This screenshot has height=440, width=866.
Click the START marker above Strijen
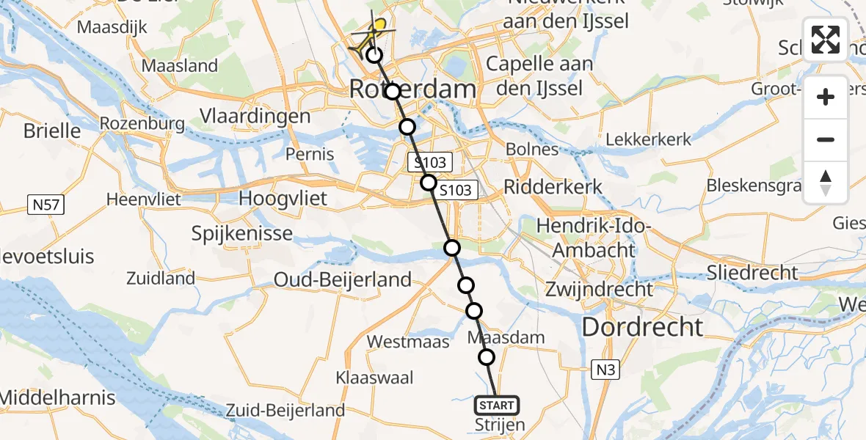(497, 405)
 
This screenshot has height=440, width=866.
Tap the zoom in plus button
(826, 98)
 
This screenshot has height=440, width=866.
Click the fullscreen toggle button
(826, 40)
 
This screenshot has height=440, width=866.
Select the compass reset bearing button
(826, 183)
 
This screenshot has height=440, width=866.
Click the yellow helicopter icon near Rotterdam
(371, 37)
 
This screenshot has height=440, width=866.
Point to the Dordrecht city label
(642, 326)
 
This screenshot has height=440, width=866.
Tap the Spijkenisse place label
(241, 234)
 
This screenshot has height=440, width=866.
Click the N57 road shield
(48, 207)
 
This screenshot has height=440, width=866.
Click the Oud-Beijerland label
(342, 279)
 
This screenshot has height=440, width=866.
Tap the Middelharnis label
(59, 398)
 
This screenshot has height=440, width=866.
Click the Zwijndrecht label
(599, 288)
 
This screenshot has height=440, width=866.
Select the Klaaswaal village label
(374, 378)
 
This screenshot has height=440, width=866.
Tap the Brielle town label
(52, 131)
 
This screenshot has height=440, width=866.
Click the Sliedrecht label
(752, 273)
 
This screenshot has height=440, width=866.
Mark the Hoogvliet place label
(283, 199)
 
